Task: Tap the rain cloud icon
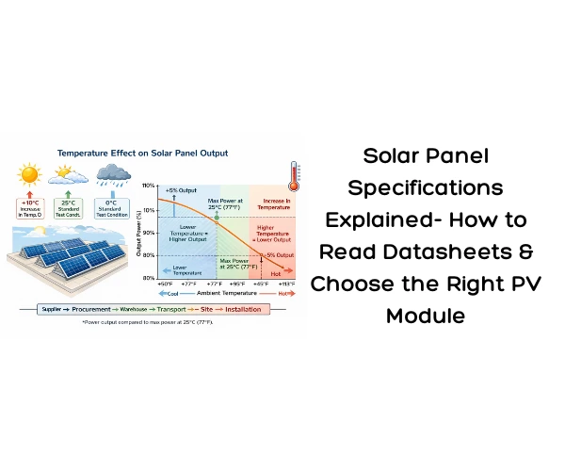(x=115, y=172)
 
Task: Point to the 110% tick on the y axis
(x=149, y=186)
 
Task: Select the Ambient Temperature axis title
(x=222, y=292)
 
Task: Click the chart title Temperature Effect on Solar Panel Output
(x=142, y=152)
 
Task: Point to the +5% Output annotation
(x=181, y=191)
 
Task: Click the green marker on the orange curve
(x=217, y=218)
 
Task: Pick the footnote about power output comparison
(x=147, y=322)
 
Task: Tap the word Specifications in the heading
(x=426, y=187)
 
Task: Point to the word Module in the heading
(x=426, y=315)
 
